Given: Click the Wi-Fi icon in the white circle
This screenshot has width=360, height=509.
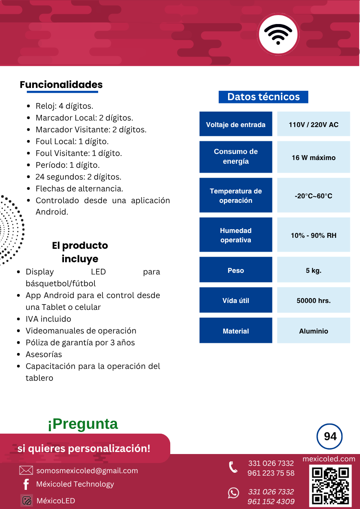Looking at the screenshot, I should click(x=278, y=34).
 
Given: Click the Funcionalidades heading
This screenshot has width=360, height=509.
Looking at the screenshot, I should click(x=61, y=85).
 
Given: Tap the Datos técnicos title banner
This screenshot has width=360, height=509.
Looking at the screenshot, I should click(x=263, y=97).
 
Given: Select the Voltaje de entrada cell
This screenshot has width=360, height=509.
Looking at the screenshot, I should click(x=235, y=124).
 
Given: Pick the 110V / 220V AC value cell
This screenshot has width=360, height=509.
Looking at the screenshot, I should click(x=313, y=124).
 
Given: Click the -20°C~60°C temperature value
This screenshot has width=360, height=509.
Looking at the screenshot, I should click(x=313, y=195).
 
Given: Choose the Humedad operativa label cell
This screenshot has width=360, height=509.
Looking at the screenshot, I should click(x=235, y=235).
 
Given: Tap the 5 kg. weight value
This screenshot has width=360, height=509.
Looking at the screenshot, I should click(x=313, y=270).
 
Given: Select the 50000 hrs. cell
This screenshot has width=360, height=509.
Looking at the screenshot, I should click(x=313, y=301).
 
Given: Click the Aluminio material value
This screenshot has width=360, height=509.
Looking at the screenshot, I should click(x=313, y=331).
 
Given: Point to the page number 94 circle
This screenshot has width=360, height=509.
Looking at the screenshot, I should click(x=329, y=437).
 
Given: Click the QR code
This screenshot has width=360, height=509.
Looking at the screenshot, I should click(x=330, y=485).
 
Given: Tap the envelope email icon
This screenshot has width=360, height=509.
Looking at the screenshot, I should click(x=26, y=471).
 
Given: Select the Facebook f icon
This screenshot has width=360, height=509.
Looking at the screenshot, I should click(x=26, y=484).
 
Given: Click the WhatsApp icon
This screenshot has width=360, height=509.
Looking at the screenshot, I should click(x=233, y=493).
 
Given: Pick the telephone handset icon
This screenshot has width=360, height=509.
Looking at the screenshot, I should click(x=233, y=467).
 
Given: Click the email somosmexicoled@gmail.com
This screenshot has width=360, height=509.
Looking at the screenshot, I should click(x=87, y=471).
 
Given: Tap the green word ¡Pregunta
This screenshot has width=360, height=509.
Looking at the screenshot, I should click(x=83, y=424).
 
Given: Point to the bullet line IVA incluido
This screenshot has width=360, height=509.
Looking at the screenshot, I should click(x=48, y=319).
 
